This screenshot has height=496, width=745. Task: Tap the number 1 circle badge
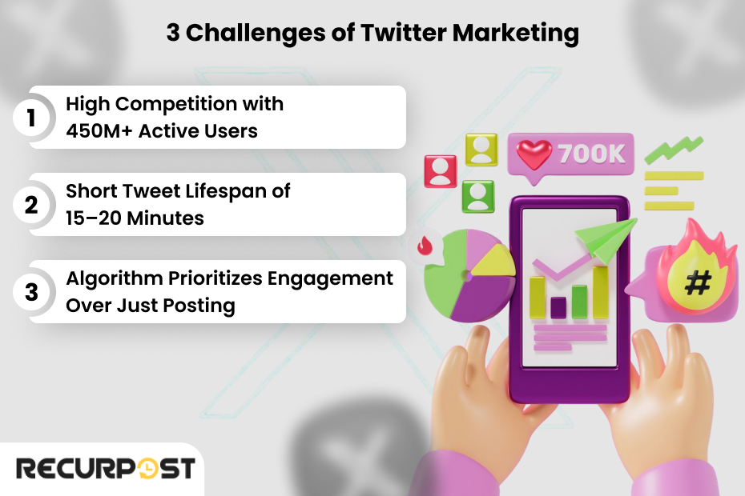point(31,118)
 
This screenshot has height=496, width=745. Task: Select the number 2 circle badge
point(31,206)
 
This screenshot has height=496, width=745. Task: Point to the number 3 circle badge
point(31,292)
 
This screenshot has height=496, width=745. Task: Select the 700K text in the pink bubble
point(591,154)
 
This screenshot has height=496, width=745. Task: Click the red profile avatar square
point(440,171)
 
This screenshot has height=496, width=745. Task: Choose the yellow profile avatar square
point(481,150)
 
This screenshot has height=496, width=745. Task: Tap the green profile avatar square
point(478,196)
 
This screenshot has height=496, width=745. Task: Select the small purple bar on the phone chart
point(558,306)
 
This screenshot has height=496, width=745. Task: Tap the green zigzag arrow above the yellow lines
point(674,150)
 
